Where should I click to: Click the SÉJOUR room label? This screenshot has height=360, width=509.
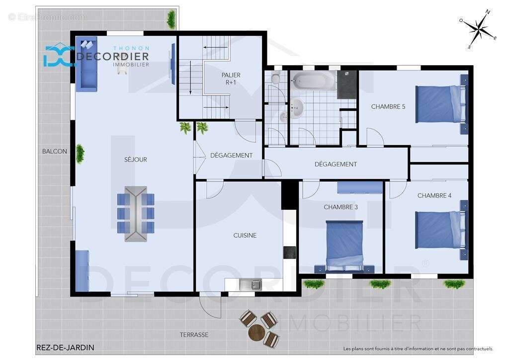(136, 160)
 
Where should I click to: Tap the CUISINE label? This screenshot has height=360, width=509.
(245, 235)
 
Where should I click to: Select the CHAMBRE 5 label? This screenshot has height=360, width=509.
(388, 106)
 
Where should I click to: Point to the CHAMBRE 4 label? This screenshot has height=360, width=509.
(434, 195)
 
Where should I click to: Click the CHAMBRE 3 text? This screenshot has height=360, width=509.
(340, 207)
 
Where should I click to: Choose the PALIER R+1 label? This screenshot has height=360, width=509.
(231, 79)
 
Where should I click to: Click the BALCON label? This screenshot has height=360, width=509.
(55, 151)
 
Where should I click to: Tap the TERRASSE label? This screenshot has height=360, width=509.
(194, 335)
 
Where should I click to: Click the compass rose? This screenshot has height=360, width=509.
(479, 29)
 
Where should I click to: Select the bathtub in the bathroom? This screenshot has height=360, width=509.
(313, 80)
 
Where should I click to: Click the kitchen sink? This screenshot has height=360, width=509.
(251, 285)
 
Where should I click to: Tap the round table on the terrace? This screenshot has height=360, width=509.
(256, 332)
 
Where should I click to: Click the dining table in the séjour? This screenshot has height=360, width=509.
(136, 214)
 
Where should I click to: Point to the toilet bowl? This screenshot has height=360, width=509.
(276, 78)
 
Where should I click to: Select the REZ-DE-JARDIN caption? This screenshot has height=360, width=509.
(65, 348)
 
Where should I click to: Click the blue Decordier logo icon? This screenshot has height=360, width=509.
(59, 56)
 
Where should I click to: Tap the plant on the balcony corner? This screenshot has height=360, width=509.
(171, 19)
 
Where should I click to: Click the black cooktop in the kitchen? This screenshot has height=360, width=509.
(289, 253)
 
